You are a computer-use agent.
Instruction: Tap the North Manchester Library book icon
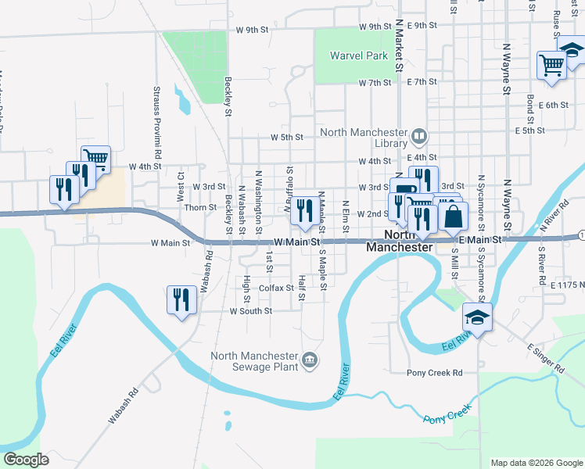click(419, 138)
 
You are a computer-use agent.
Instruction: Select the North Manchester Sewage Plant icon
click(310, 360)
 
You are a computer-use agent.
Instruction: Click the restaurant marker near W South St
click(181, 299)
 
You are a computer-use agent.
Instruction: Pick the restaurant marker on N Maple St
click(304, 210)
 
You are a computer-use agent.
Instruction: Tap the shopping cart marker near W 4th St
click(96, 159)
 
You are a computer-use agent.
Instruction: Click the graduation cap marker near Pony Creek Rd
click(476, 317)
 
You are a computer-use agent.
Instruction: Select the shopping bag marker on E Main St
click(454, 216)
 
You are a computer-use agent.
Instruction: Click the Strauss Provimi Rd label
click(157, 122)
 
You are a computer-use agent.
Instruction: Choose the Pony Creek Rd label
click(435, 373)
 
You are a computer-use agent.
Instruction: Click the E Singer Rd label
click(545, 357)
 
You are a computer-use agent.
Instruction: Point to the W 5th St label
click(286, 137)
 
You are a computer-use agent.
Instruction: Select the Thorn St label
click(200, 207)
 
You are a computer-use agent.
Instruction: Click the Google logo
click(26, 459)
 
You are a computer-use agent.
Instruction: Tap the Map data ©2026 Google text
click(537, 463)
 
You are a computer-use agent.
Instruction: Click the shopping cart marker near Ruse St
click(551, 65)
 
